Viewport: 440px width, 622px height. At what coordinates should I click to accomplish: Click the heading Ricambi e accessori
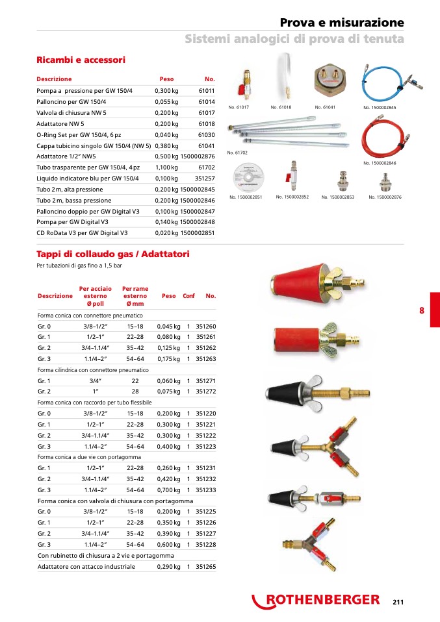point(81,60)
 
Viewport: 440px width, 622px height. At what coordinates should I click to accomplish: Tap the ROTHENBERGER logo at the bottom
point(316,601)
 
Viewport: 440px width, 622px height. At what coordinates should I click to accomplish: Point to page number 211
point(398,602)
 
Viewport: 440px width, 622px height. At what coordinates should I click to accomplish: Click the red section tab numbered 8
point(421,310)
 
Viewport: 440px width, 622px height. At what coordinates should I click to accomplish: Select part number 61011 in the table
point(206,91)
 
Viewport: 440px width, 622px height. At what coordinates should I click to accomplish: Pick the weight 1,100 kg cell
point(166,167)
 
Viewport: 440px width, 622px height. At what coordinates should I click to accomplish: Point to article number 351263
point(205,358)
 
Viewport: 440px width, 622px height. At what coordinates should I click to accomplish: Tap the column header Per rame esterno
point(135,296)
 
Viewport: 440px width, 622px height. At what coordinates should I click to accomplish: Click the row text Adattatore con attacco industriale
point(86,567)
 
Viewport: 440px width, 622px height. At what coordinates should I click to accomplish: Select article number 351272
point(205,392)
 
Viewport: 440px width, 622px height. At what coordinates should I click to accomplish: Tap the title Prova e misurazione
point(342,23)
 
